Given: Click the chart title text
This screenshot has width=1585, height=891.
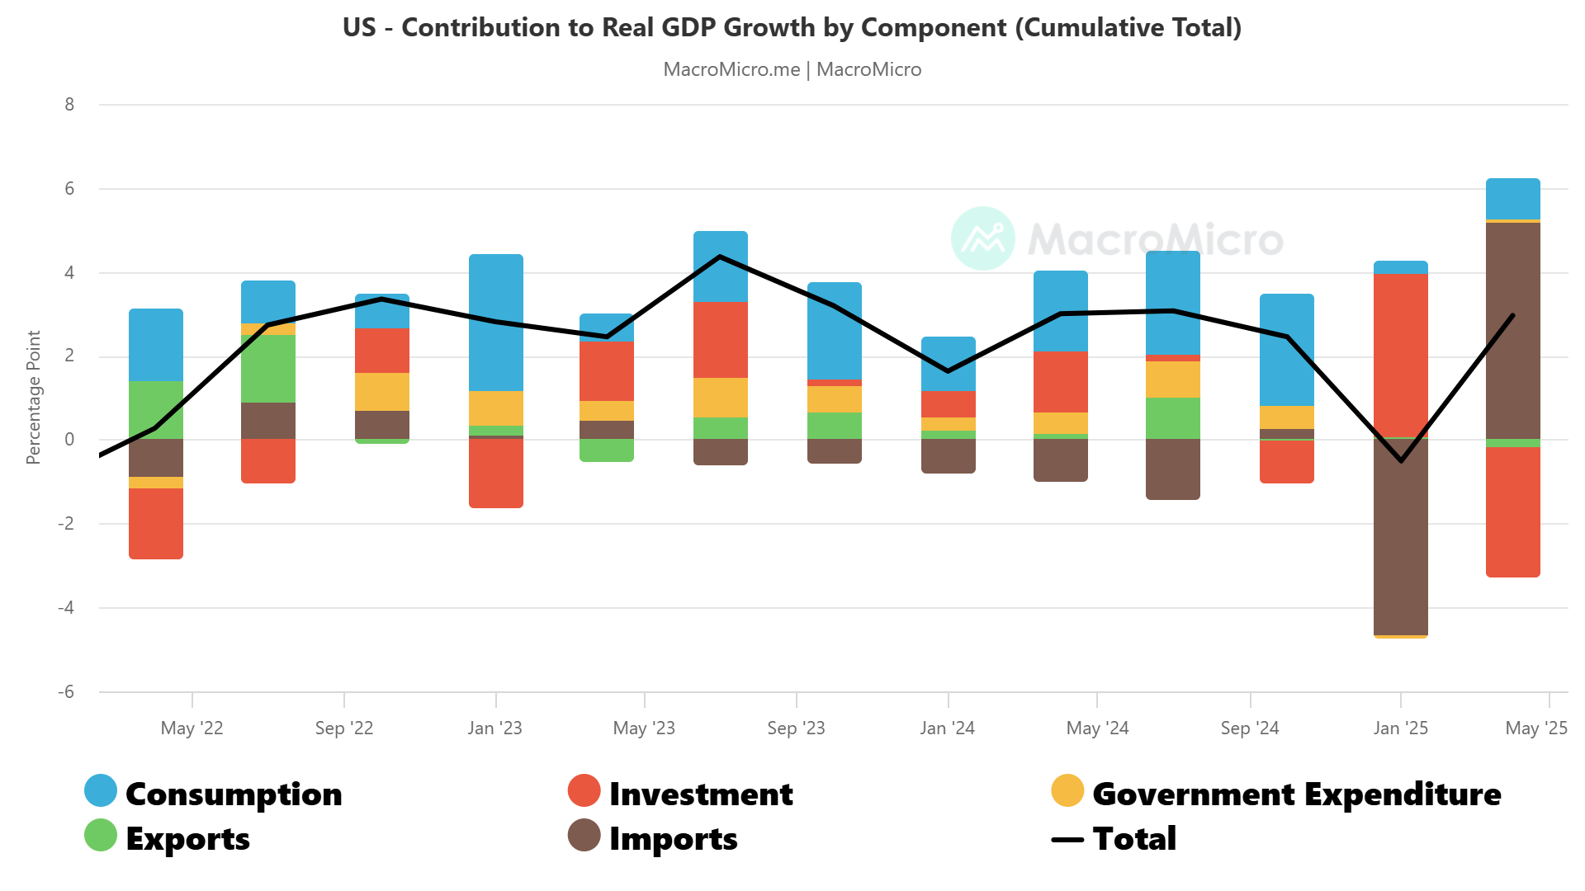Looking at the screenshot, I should click(x=792, y=27).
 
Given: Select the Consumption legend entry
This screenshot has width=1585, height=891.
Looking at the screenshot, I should click(x=213, y=793).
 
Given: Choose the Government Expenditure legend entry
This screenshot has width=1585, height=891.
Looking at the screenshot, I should click(x=1275, y=793).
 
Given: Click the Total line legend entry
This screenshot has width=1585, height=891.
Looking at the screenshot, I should click(x=1114, y=838).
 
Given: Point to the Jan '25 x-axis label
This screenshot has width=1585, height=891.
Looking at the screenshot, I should click(x=1400, y=728).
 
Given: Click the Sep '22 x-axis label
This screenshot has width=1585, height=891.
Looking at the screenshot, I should click(x=343, y=728).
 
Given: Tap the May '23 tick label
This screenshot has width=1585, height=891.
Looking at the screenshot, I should click(x=644, y=728).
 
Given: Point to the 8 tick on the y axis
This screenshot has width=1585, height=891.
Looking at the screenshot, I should click(x=69, y=105).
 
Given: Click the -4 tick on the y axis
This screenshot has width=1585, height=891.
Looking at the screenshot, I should click(x=66, y=608).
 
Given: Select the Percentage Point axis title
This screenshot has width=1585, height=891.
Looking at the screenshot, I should click(x=33, y=397).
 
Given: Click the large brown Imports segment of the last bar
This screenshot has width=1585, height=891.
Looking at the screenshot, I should click(x=1512, y=330).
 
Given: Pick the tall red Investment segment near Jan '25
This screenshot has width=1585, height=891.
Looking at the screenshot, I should click(x=1400, y=355).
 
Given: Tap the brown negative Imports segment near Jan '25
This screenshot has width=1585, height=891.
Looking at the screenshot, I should click(x=1400, y=536).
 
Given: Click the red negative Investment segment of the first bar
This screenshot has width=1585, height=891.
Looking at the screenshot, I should click(x=156, y=523).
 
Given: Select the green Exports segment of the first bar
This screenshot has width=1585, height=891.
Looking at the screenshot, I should click(x=156, y=409).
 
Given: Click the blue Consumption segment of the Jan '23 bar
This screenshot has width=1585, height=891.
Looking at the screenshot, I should click(x=495, y=322).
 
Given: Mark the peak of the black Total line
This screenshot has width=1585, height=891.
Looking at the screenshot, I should click(x=720, y=257).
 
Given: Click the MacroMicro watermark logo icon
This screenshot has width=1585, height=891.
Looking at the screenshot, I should click(x=982, y=238).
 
